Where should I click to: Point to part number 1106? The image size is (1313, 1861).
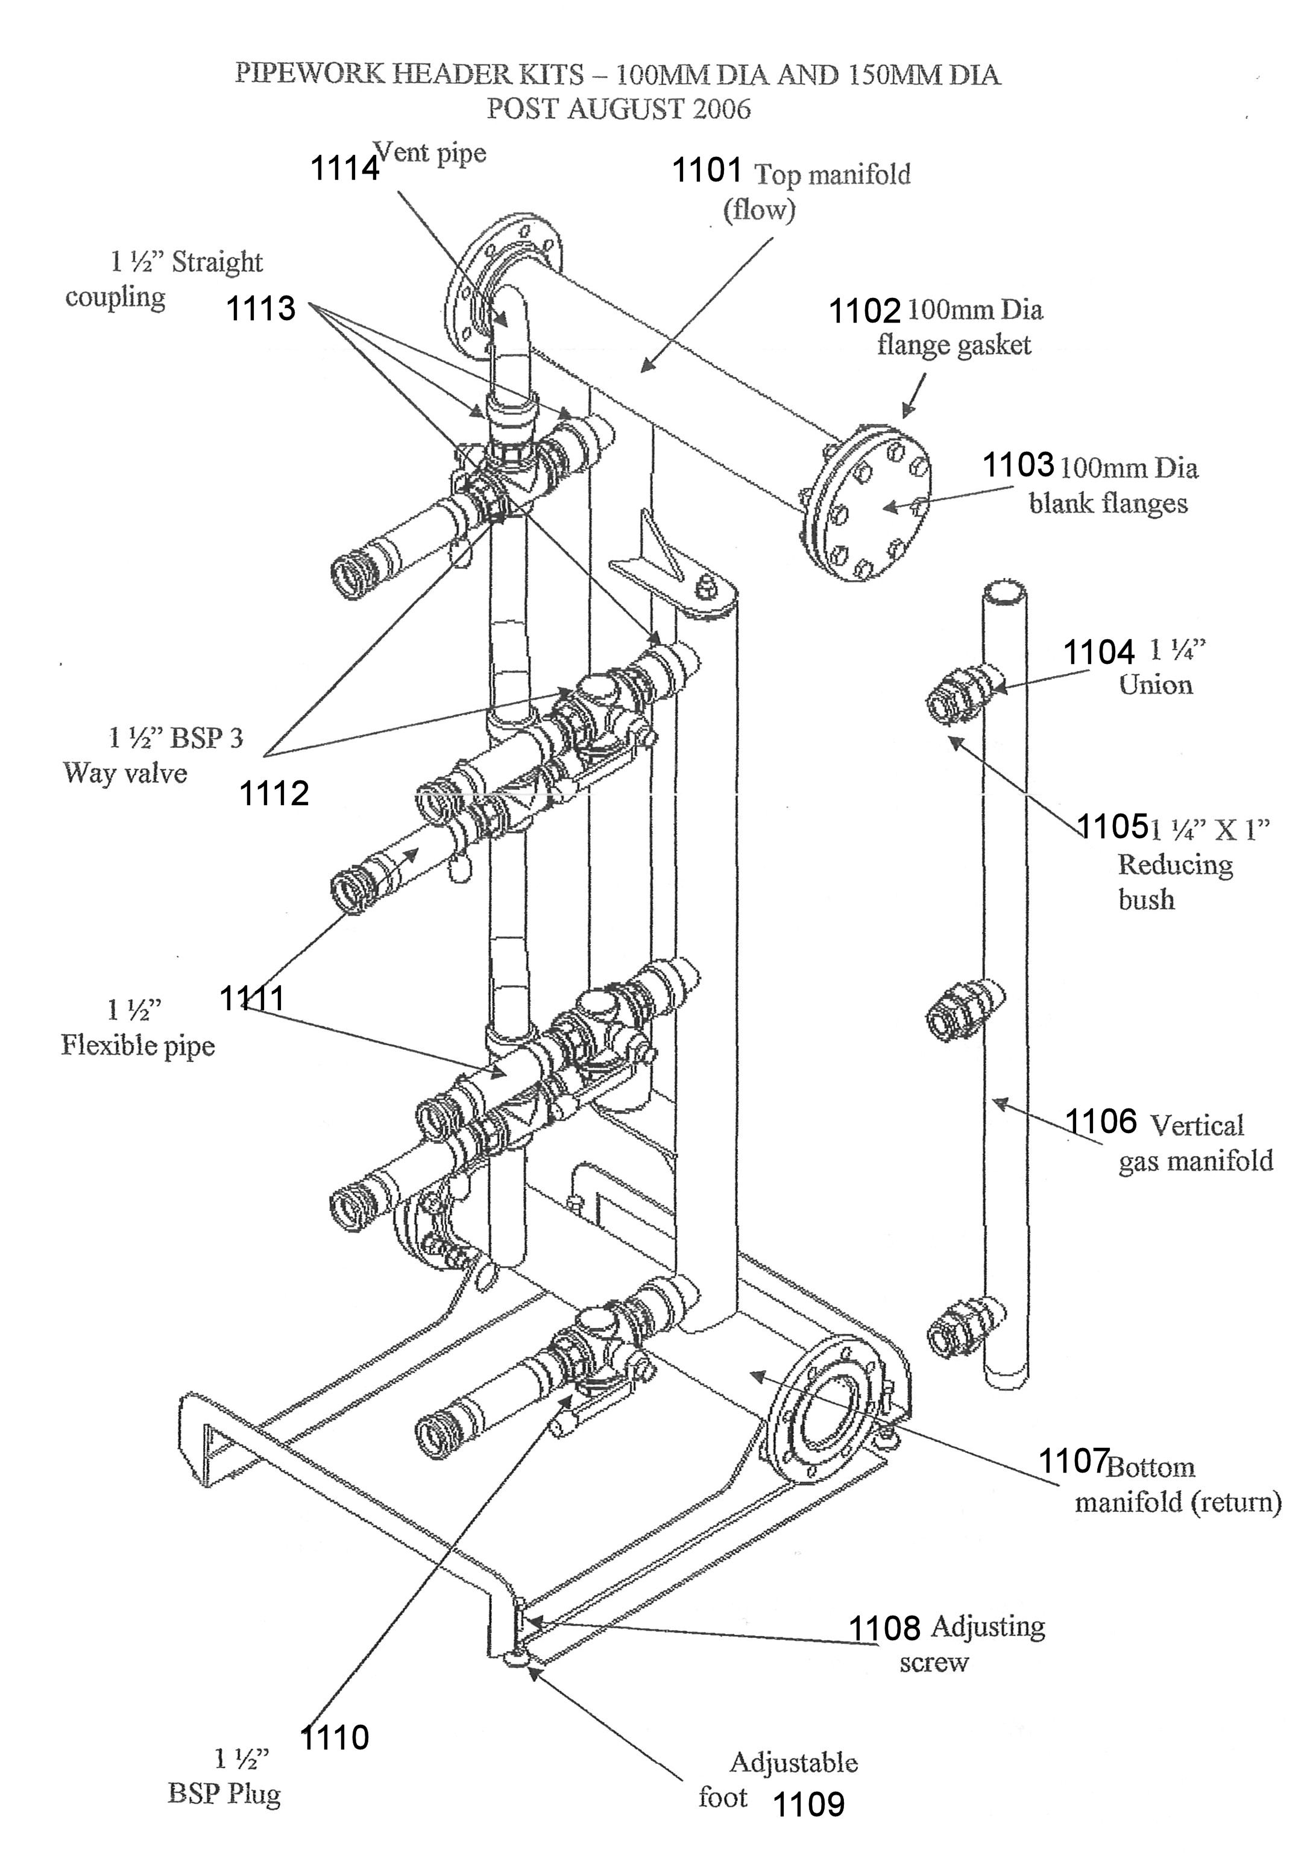pyautogui.click(x=1101, y=1122)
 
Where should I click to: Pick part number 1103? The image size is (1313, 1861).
pyautogui.click(x=1019, y=466)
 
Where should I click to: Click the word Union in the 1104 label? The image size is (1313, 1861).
pyautogui.click(x=1156, y=686)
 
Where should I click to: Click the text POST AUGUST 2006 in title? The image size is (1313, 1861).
pyautogui.click(x=619, y=109)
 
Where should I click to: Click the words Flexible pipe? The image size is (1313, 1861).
pyautogui.click(x=138, y=1046)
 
